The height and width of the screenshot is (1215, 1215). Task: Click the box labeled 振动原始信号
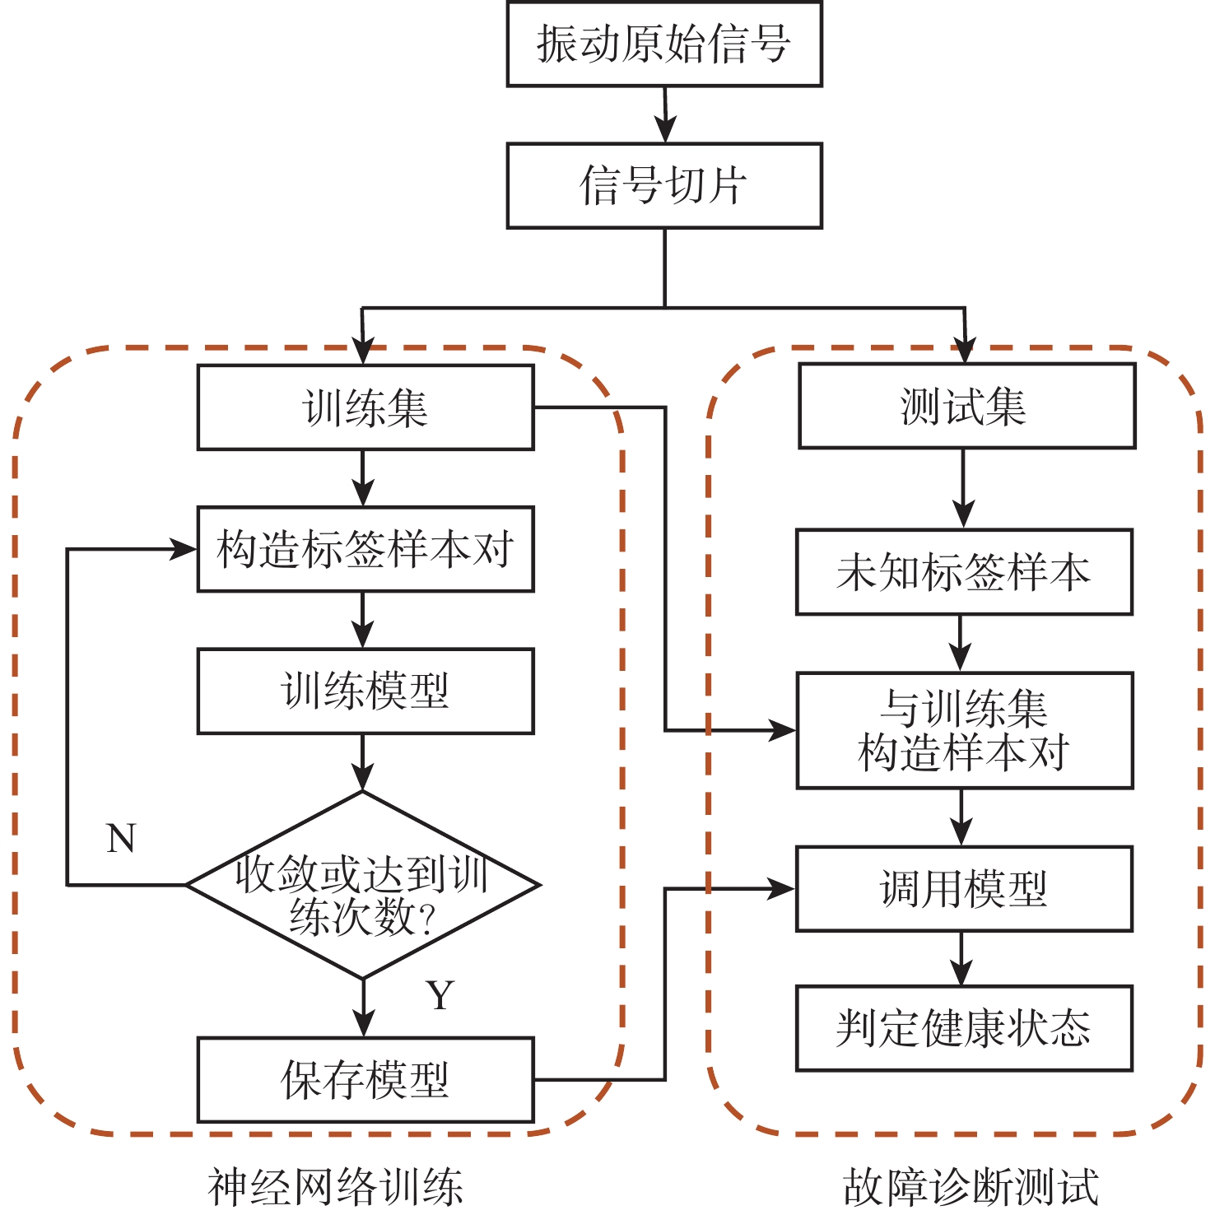point(663,44)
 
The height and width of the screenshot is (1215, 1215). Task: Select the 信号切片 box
point(663,186)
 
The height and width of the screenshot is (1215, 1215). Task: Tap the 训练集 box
point(365,407)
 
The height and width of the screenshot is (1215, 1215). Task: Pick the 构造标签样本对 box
point(365,549)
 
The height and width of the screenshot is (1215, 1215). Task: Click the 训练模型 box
point(365,691)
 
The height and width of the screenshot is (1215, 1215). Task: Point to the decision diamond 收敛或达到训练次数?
point(363,886)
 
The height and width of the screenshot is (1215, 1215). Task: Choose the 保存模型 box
point(365,1079)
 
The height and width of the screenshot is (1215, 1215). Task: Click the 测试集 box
point(966,407)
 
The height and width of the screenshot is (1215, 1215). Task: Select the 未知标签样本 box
point(964,572)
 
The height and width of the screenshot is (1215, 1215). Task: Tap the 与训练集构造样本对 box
point(964,730)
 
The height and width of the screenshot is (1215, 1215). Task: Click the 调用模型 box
point(964,889)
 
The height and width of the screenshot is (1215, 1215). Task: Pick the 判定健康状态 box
point(964,1028)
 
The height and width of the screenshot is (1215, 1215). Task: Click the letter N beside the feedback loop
point(121,839)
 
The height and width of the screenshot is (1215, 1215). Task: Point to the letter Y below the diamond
point(440,996)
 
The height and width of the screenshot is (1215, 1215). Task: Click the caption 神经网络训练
point(335,1187)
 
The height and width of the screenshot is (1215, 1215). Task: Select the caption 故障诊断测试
point(971,1187)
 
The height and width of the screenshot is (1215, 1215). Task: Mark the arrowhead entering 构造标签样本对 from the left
point(184,549)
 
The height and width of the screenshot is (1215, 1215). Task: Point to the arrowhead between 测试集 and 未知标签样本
point(963,515)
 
